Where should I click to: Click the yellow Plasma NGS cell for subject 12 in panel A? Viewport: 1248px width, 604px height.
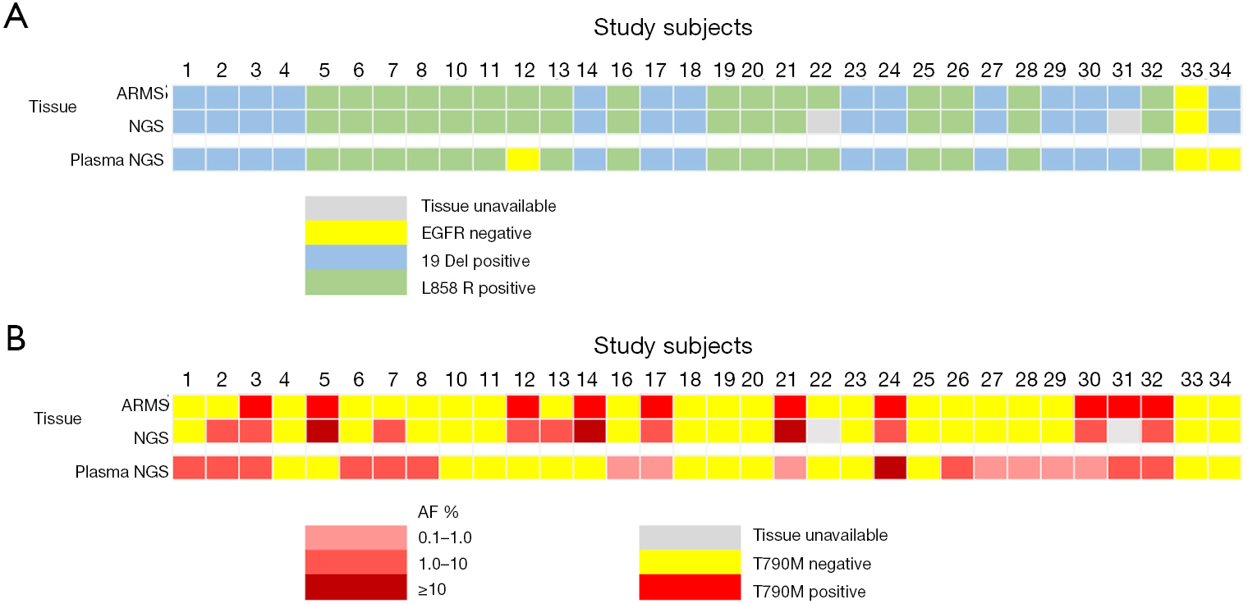tap(523, 159)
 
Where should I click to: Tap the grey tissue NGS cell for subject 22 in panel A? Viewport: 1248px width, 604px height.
tap(824, 121)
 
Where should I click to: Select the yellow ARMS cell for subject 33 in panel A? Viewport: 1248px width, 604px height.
tap(1191, 97)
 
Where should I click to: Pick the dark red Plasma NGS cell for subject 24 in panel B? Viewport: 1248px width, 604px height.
tap(890, 468)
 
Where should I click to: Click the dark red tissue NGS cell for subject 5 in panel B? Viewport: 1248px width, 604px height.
tap(323, 431)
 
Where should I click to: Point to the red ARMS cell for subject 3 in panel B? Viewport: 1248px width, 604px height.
tap(255, 406)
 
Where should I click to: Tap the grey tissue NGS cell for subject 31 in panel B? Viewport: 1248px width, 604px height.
tap(1124, 431)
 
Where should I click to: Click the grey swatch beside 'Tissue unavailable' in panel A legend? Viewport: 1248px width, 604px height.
tap(356, 208)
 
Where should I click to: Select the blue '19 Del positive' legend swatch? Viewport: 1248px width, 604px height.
tap(356, 257)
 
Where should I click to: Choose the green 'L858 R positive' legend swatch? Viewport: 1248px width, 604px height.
tap(356, 282)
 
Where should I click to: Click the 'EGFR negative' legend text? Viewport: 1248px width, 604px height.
tap(476, 233)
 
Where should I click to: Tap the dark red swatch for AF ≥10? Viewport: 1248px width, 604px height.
tap(356, 587)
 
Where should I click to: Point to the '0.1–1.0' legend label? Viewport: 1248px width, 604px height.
tap(445, 538)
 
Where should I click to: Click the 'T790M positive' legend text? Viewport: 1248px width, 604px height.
tap(809, 591)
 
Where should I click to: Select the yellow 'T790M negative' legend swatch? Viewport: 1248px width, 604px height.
tap(690, 562)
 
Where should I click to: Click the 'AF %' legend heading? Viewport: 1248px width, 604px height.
tap(438, 511)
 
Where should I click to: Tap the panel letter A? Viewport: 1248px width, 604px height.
tap(16, 16)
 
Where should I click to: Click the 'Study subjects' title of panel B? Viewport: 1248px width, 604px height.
tap(673, 345)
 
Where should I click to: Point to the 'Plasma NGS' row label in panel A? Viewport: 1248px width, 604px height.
tap(117, 160)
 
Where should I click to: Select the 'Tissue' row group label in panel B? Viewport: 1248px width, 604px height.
tap(57, 419)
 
